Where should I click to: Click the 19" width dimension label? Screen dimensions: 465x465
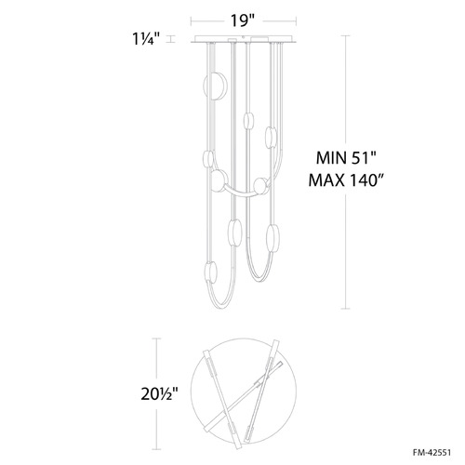[242, 20]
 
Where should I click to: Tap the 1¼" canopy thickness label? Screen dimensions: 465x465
[146, 39]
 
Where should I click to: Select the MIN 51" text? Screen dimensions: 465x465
[346, 158]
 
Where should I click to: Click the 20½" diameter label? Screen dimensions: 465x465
[159, 394]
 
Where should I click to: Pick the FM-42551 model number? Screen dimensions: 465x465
[432, 453]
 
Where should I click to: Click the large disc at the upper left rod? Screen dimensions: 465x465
[216, 86]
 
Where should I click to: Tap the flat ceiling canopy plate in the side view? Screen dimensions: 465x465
[243, 39]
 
